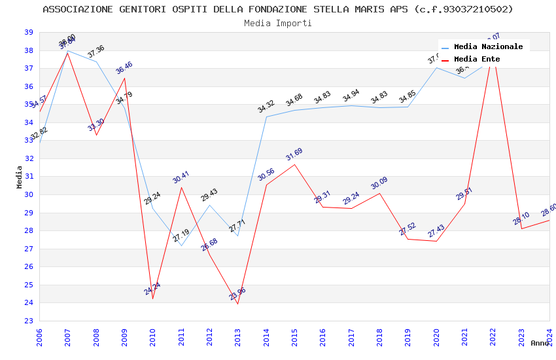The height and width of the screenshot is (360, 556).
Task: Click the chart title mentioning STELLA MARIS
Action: pyautogui.click(x=278, y=9)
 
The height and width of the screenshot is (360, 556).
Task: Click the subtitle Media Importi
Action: pyautogui.click(x=278, y=23)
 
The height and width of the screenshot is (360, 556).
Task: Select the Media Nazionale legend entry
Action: pyautogui.click(x=488, y=46)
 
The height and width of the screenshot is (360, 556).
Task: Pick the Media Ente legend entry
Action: pyautogui.click(x=477, y=59)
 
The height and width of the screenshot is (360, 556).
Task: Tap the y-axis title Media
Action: pyautogui.click(x=20, y=177)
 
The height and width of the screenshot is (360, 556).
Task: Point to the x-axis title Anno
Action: pyautogui.click(x=540, y=343)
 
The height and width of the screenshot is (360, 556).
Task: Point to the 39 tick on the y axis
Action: pyautogui.click(x=29, y=32)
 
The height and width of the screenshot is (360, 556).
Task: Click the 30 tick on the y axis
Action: pyautogui.click(x=29, y=194)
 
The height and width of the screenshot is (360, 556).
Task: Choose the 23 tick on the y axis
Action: pyautogui.click(x=29, y=321)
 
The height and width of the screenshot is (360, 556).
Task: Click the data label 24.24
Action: pyautogui.click(x=152, y=289)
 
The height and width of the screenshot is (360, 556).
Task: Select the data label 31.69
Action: pyautogui.click(x=294, y=154)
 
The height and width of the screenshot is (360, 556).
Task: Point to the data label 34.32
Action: pyautogui.click(x=266, y=107)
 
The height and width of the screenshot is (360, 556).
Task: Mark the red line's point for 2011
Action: pyautogui.click(x=181, y=187)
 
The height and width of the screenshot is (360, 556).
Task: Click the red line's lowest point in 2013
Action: pyautogui.click(x=237, y=304)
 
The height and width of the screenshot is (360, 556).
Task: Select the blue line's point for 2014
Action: pyautogui.click(x=266, y=117)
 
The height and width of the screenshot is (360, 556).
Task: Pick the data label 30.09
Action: pyautogui.click(x=379, y=183)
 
